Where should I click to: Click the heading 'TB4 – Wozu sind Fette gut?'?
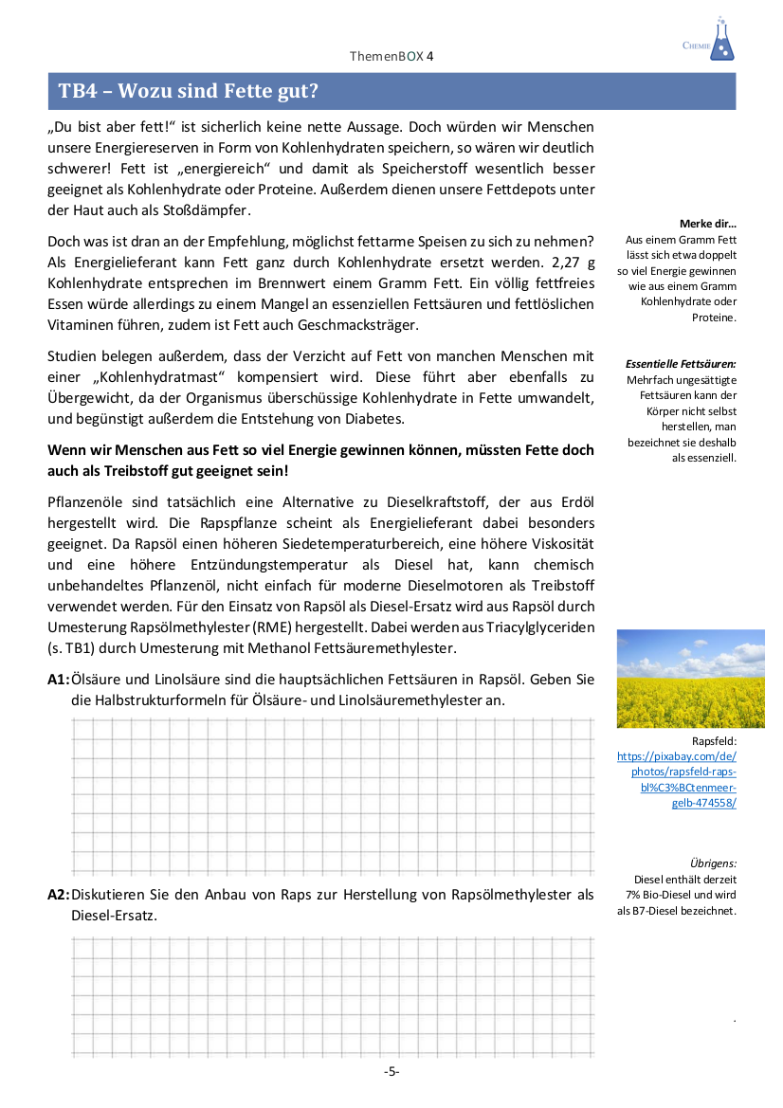(189, 91)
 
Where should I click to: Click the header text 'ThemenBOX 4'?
(391, 56)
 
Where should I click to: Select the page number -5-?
(391, 1071)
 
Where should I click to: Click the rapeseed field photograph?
(677, 678)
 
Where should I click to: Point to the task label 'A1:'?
(59, 680)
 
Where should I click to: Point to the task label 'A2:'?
(59, 894)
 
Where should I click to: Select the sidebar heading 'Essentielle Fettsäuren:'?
(681, 364)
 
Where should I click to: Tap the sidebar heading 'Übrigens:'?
(713, 863)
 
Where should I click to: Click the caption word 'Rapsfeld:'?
(714, 741)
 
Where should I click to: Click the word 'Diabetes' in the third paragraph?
(377, 418)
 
